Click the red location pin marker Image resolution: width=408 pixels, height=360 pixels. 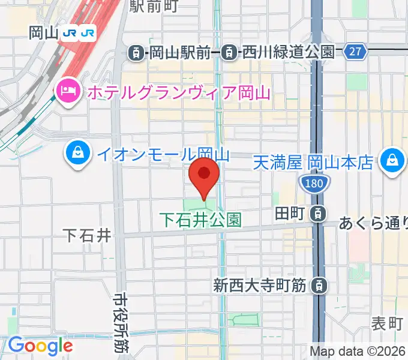click(x=204, y=174)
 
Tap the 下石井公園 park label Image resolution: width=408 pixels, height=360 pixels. click(x=201, y=220)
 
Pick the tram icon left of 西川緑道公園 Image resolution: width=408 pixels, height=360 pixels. click(x=229, y=53)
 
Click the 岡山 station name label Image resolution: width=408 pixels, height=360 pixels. click(x=43, y=33)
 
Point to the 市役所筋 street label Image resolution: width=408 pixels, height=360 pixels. click(x=121, y=323)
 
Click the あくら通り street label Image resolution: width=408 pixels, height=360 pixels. click(x=373, y=224)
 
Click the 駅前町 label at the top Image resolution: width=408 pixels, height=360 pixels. click(x=154, y=6)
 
